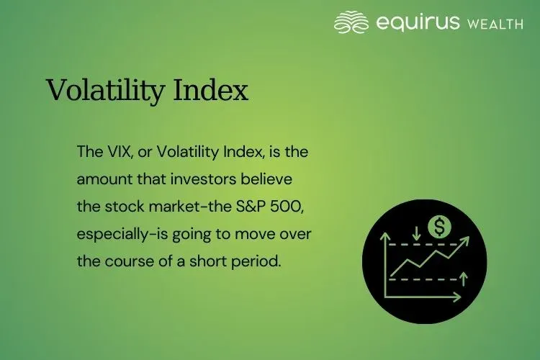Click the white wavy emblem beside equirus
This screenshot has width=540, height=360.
click(x=352, y=22)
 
